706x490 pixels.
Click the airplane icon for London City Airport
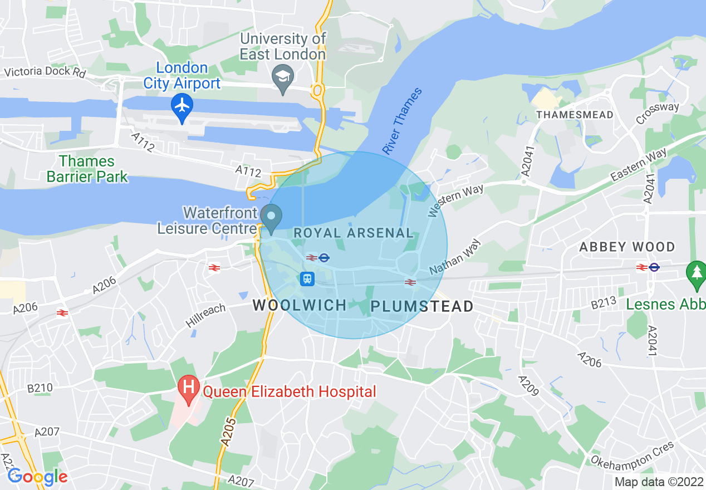click(182, 105)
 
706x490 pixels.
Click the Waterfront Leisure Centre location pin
click(271, 216)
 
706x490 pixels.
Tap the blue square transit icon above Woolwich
click(307, 278)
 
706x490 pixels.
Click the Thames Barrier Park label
click(87, 169)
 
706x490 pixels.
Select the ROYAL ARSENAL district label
click(354, 233)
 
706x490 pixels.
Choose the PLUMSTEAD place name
click(422, 306)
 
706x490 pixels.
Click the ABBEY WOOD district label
click(627, 247)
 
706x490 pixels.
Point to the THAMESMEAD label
click(575, 115)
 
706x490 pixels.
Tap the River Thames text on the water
click(402, 121)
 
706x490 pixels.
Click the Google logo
click(37, 477)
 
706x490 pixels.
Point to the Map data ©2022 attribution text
click(659, 482)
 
